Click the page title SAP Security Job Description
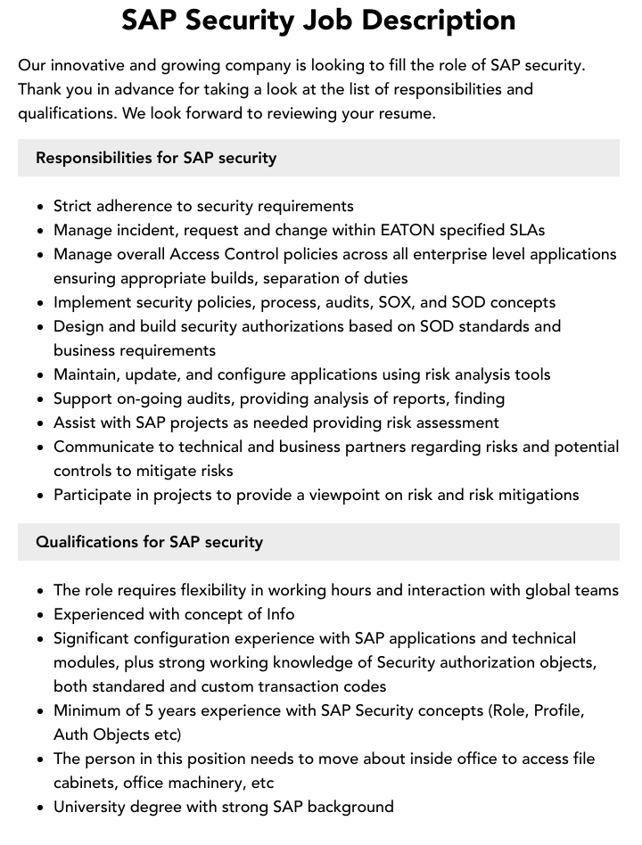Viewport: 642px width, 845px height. tap(318, 21)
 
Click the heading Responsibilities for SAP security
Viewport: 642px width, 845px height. tap(156, 158)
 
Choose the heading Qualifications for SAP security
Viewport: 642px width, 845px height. tap(149, 542)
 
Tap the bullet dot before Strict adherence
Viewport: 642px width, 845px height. tap(41, 207)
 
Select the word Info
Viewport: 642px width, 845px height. tap(280, 614)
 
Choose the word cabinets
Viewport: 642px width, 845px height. tap(86, 783)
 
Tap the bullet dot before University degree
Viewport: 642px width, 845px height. tap(41, 808)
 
